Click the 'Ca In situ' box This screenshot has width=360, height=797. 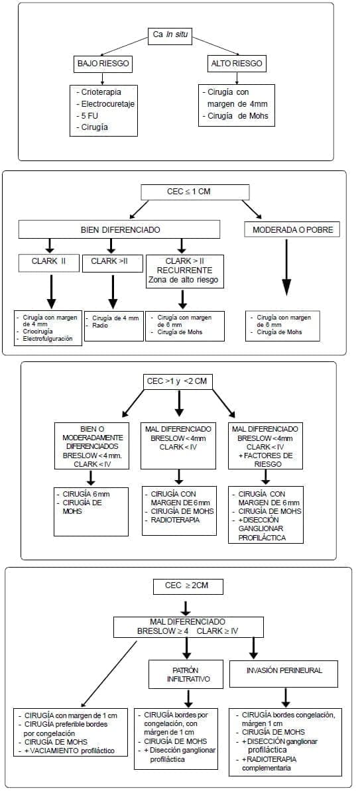pyautogui.click(x=170, y=36)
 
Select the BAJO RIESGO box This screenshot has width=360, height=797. pyautogui.click(x=103, y=64)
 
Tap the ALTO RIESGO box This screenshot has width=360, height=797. pyautogui.click(x=236, y=64)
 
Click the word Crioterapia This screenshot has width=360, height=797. pyautogui.click(x=99, y=92)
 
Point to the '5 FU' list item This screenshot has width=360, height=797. pyautogui.click(x=89, y=115)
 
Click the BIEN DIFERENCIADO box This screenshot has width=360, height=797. pyautogui.click(x=119, y=230)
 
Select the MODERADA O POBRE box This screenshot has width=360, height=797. pyautogui.click(x=292, y=230)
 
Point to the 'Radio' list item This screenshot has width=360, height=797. pyautogui.click(x=101, y=326)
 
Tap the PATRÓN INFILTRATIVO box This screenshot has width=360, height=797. pyautogui.click(x=188, y=674)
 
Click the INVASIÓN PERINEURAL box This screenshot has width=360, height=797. pyautogui.click(x=284, y=670)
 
